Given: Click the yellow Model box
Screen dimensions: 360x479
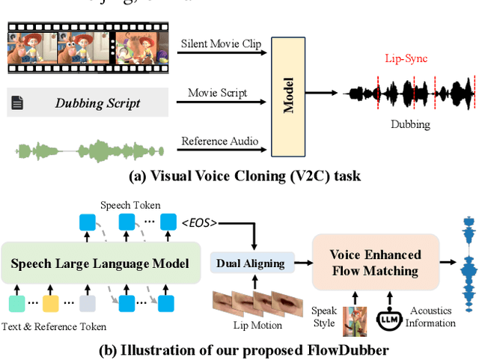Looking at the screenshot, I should [x=290, y=94].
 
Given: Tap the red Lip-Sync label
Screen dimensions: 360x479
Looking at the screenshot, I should [x=406, y=57].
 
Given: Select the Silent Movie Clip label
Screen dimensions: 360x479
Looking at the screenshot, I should [x=221, y=44].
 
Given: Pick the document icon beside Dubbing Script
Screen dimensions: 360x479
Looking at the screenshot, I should [x=17, y=103].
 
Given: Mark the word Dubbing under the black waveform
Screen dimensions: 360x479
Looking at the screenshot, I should [x=410, y=124].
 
